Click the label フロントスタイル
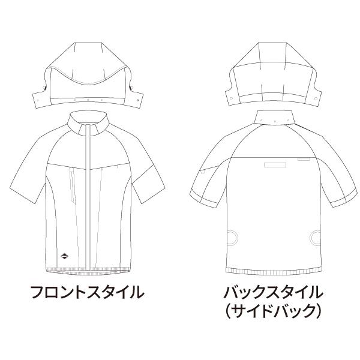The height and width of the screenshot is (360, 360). tap(88, 293)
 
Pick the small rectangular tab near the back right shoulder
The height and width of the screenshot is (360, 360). tap(304, 160)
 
